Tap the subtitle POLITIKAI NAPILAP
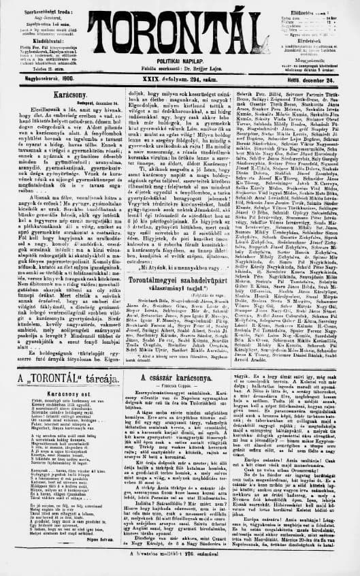click(180, 69)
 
